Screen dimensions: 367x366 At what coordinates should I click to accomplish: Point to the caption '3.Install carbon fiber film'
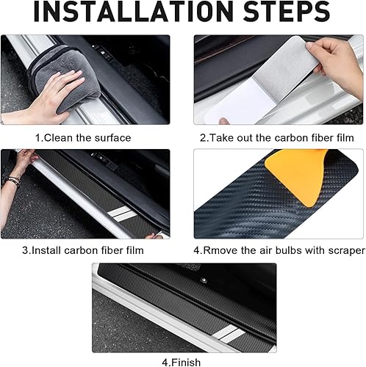82,250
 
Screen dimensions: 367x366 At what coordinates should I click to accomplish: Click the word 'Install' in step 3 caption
46,250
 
